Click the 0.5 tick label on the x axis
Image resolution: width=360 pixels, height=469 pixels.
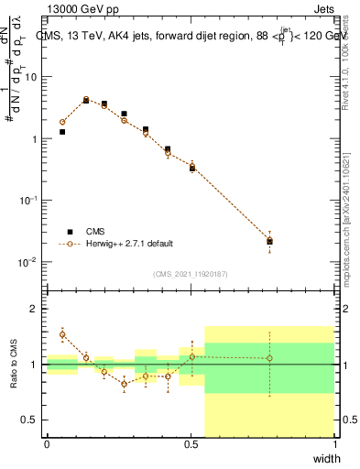point(191,444)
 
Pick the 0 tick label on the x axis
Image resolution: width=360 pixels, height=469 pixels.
point(47,444)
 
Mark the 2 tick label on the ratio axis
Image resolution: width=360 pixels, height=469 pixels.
point(34,309)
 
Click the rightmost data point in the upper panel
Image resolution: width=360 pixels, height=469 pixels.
point(269,241)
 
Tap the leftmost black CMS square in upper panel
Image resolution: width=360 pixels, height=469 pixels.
point(62,132)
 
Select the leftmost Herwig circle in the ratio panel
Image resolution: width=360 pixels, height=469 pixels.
point(62,333)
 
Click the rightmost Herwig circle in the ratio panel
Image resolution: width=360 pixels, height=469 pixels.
point(269,358)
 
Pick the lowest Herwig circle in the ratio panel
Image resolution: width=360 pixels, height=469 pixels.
point(124,384)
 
